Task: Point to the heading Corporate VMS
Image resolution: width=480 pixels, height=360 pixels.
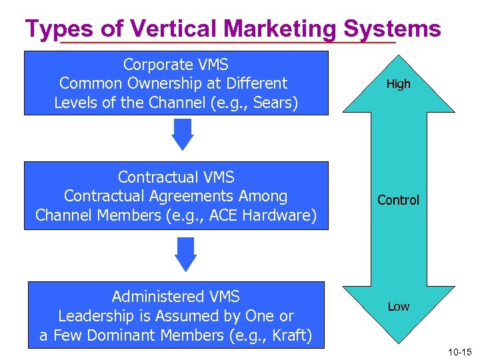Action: click(176, 65)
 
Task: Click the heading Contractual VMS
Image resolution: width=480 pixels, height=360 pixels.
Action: click(176, 177)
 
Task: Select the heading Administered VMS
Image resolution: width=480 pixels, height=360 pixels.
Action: click(176, 297)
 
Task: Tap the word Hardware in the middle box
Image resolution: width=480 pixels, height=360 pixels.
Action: click(279, 215)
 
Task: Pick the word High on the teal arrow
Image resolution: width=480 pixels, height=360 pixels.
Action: click(399, 84)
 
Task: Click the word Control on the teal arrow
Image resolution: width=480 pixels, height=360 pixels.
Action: click(399, 200)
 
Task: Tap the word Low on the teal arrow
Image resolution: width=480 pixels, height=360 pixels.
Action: click(399, 307)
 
